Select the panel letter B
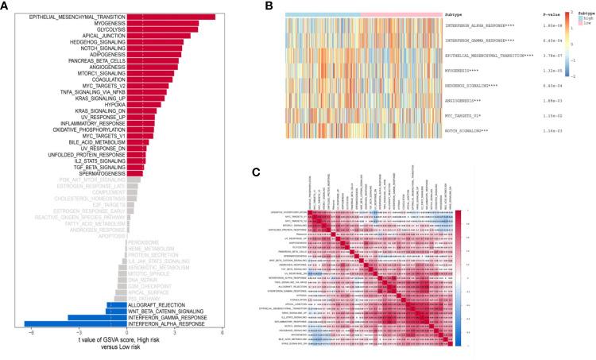click(269, 6)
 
